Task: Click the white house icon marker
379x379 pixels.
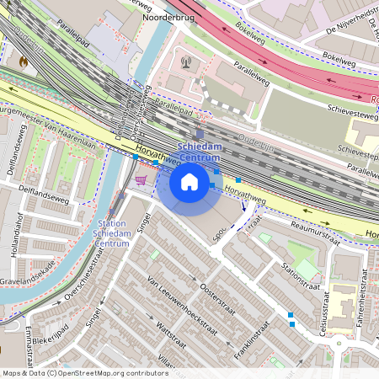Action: (189, 181)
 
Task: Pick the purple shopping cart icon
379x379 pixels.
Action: (141, 179)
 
